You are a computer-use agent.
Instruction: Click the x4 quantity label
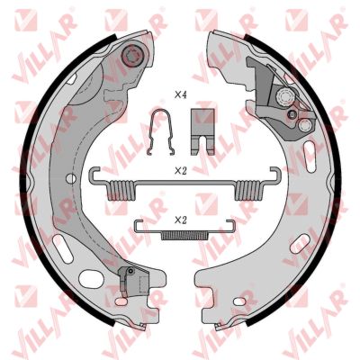tap(181, 95)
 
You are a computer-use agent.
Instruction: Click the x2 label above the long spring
tap(181, 171)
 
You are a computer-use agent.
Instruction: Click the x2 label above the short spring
tap(181, 220)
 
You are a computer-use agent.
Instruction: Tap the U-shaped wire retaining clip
tap(161, 132)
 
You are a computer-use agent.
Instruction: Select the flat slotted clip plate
tap(203, 131)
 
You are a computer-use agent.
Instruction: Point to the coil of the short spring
tap(184, 236)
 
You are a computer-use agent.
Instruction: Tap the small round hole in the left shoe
tap(71, 178)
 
